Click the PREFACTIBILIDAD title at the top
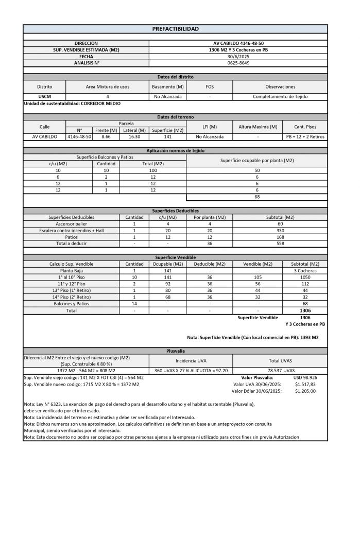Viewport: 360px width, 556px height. [x=175, y=29]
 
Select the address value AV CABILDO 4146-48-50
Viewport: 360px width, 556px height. [x=238, y=43]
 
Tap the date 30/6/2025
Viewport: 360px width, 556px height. [x=238, y=56]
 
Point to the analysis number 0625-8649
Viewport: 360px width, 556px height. [x=238, y=63]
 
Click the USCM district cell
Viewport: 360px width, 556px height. [x=45, y=96]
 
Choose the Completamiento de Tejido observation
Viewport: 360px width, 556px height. [x=280, y=96]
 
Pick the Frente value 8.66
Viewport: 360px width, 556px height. [x=106, y=137]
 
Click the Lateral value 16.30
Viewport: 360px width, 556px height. [x=135, y=137]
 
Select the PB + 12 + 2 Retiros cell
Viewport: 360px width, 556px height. [x=305, y=137]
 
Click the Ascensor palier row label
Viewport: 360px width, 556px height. [x=71, y=224]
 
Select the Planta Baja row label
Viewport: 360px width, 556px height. [x=71, y=270]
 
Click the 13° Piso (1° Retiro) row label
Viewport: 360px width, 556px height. [x=71, y=290]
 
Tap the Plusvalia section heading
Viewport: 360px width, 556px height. [x=175, y=351]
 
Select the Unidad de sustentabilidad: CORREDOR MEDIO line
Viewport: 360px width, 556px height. [x=72, y=103]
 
